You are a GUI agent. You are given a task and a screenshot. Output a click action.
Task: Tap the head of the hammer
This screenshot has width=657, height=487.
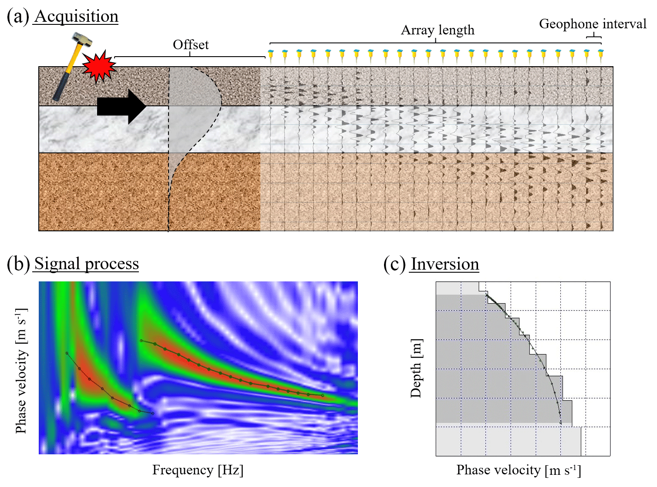pyautogui.click(x=82, y=40)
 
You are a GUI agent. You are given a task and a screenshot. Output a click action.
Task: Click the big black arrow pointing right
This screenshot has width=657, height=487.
pyautogui.click(x=121, y=106)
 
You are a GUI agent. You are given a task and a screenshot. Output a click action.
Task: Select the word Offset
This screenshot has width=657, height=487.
pyautogui.click(x=191, y=45)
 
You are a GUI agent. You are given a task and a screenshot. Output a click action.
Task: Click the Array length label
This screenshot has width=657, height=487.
pyautogui.click(x=438, y=30)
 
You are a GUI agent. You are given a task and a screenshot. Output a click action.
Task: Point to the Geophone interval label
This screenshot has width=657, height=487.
pyautogui.click(x=593, y=24)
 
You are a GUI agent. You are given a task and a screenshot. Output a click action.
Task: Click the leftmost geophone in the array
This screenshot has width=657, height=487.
pyautogui.click(x=271, y=55)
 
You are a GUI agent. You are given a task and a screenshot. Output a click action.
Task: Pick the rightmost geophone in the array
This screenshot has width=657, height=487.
pyautogui.click(x=601, y=55)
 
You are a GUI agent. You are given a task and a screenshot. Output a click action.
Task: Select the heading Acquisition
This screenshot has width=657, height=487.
pyautogui.click(x=76, y=17)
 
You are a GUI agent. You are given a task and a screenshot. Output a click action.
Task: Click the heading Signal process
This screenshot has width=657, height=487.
pyautogui.click(x=86, y=264)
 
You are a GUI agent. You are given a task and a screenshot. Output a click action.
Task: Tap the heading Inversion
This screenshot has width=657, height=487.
pyautogui.click(x=445, y=264)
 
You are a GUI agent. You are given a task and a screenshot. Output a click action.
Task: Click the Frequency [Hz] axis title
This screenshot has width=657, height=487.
pyautogui.click(x=198, y=470)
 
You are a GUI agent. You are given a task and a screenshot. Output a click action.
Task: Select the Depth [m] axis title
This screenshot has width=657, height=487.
pyautogui.click(x=416, y=368)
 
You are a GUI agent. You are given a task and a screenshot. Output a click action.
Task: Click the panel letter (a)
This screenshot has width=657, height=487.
pyautogui.click(x=18, y=17)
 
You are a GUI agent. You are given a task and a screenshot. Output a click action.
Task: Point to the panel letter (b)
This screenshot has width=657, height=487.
pyautogui.click(x=18, y=264)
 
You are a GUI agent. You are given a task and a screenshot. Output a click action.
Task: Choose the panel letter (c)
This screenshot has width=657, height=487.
pyautogui.click(x=394, y=264)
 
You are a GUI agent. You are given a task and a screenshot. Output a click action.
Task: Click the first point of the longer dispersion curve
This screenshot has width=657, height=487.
pyautogui.click(x=142, y=341)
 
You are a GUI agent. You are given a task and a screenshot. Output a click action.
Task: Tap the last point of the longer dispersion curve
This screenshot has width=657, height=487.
pyautogui.click(x=323, y=395)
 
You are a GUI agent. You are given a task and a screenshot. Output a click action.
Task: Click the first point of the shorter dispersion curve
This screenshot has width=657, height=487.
pyautogui.click(x=67, y=353)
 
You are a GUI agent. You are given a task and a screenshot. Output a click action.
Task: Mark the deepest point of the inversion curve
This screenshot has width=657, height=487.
pyautogui.click(x=561, y=423)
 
